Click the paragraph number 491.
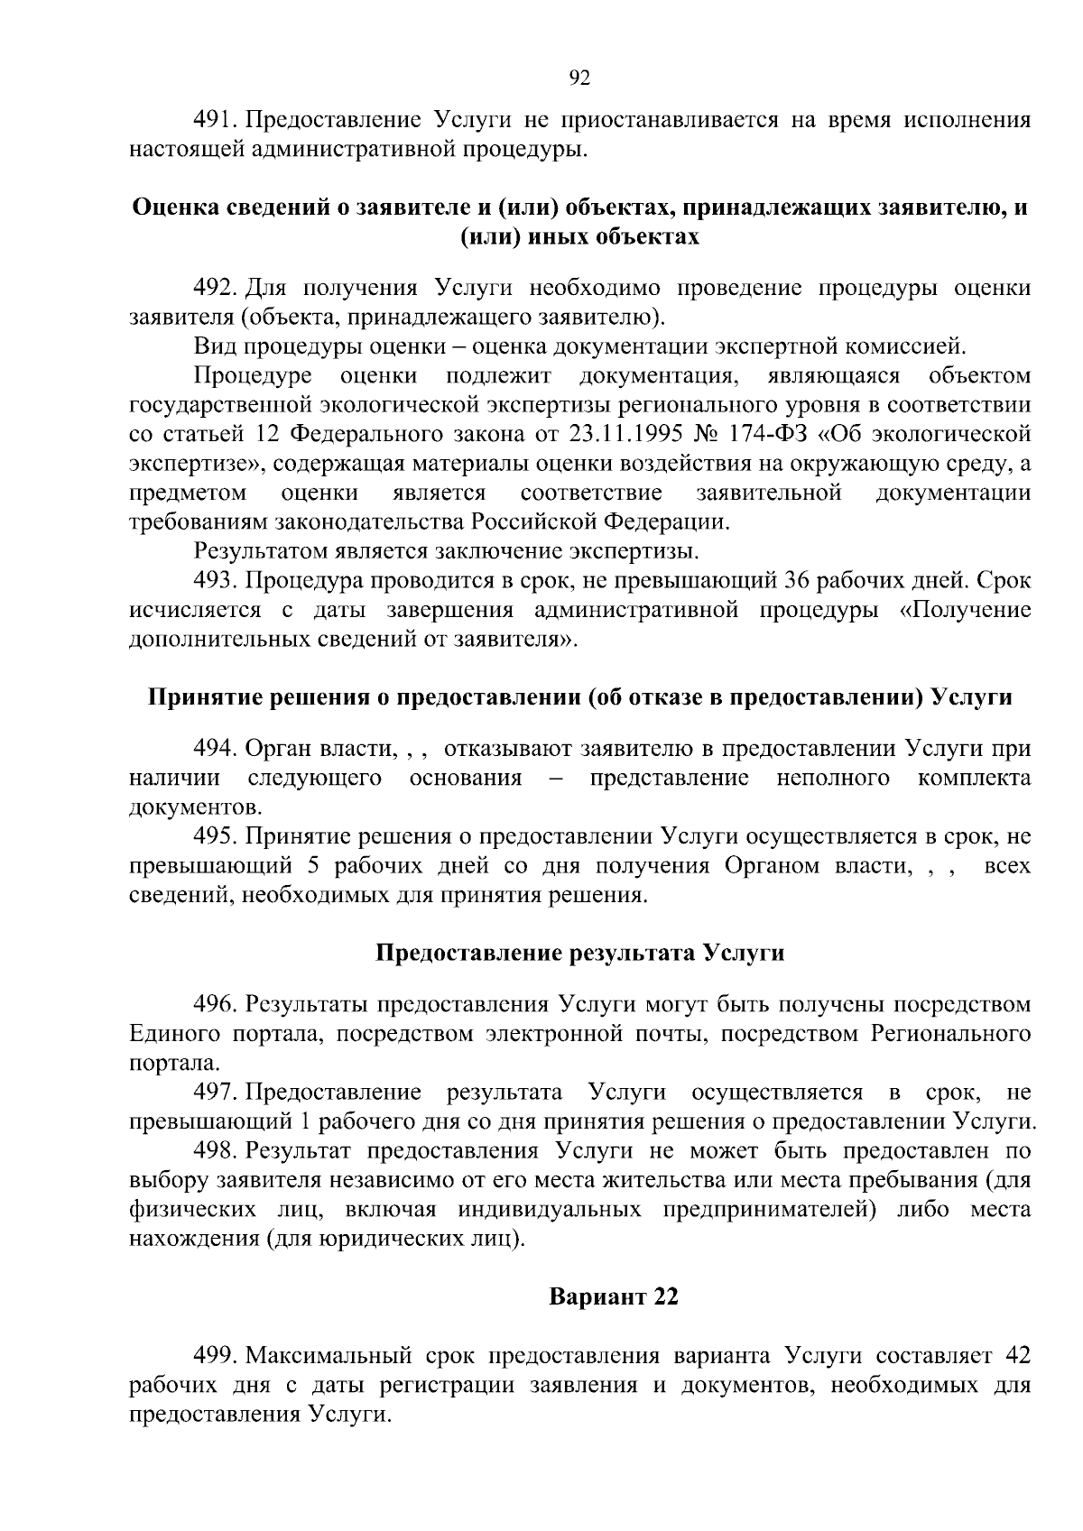[215, 119]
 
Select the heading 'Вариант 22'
[614, 1296]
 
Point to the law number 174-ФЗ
[791, 434]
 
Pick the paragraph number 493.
[215, 581]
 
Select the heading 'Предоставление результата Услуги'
[579, 954]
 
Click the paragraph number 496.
[215, 1004]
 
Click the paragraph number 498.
[215, 1151]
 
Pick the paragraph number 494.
[215, 749]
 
